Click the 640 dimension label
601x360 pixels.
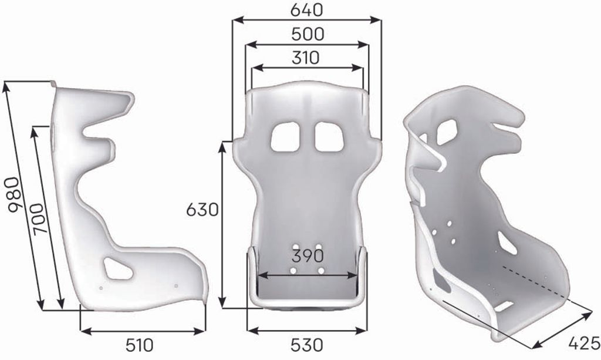coord(306,11)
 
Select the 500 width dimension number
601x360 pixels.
coord(308,35)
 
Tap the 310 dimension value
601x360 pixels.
coord(305,58)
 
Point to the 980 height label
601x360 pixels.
coord(14,194)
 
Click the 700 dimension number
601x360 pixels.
coord(39,219)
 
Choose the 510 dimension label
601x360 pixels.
coord(140,345)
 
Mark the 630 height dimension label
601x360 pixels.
coord(202,210)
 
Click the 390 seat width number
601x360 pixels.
coord(308,256)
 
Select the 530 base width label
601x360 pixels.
coord(306,345)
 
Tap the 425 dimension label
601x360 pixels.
coord(584,343)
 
